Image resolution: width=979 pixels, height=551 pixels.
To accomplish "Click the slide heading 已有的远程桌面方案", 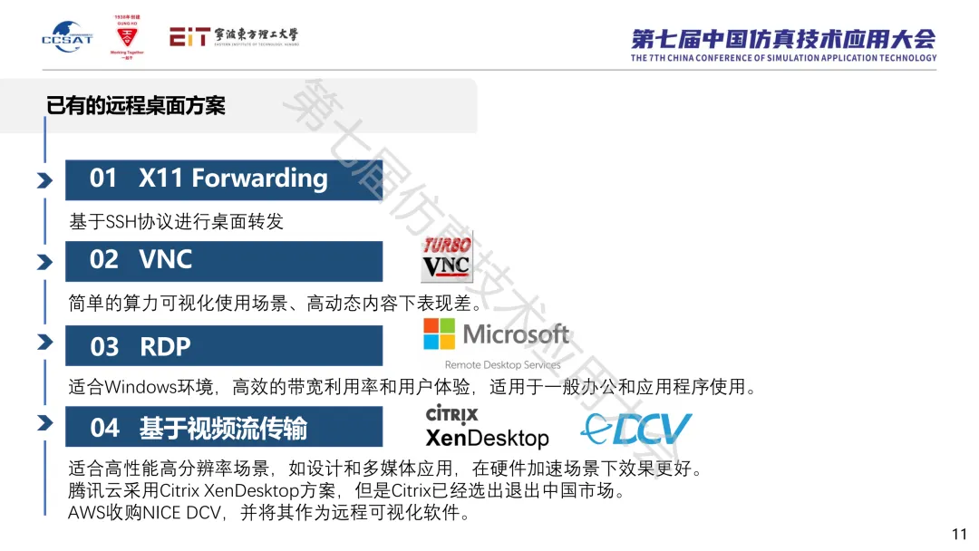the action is pyautogui.click(x=136, y=105).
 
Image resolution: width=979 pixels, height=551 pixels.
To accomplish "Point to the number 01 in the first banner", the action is pyautogui.click(x=103, y=179).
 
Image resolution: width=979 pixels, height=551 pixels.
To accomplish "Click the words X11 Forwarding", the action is pyautogui.click(x=233, y=179).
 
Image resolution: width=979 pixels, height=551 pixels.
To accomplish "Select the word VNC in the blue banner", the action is pyautogui.click(x=166, y=260).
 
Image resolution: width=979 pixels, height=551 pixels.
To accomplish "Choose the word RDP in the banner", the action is pyautogui.click(x=165, y=346).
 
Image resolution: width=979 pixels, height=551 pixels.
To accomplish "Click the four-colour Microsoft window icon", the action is pyautogui.click(x=440, y=333).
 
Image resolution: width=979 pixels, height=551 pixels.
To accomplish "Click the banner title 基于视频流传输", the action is pyautogui.click(x=223, y=427).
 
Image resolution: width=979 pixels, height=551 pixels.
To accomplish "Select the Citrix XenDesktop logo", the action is pyautogui.click(x=487, y=428).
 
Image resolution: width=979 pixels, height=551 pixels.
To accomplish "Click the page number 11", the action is pyautogui.click(x=959, y=534).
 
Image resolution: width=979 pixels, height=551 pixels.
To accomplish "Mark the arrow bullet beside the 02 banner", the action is pyautogui.click(x=44, y=262).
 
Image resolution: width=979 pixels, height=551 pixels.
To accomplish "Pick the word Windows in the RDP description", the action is pyautogui.click(x=141, y=388).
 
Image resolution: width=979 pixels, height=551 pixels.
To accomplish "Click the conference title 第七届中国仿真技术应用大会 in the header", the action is pyautogui.click(x=783, y=39).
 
